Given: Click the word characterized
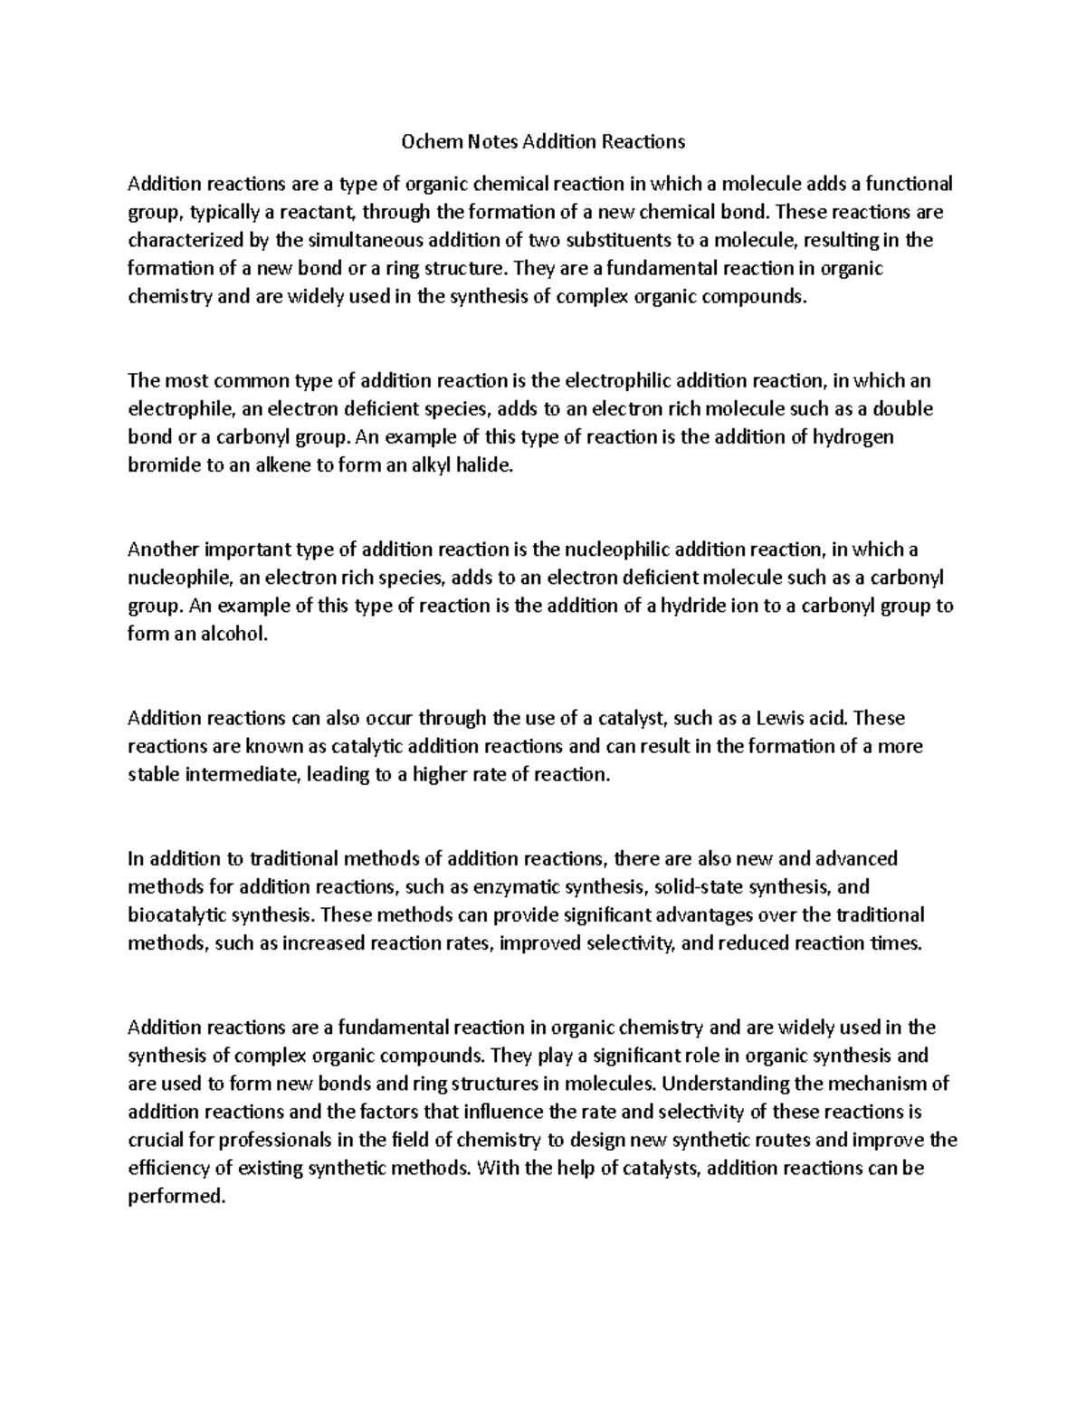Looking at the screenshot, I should coord(185,241).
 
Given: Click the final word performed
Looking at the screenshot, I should coord(175,1196).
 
